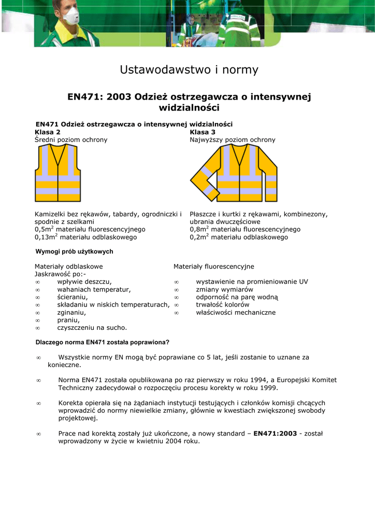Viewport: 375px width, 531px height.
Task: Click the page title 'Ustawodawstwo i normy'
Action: (189, 69)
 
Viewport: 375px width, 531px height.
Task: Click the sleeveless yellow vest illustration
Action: (57, 174)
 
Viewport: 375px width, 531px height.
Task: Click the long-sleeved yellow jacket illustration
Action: (233, 174)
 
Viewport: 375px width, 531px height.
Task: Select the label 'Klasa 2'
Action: (47, 132)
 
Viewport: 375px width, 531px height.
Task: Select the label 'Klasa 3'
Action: (203, 132)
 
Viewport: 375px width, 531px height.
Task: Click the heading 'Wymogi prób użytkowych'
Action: (74, 251)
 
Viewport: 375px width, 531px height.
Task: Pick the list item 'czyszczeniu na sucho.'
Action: (92, 328)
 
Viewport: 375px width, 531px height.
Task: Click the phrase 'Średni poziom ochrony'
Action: (71, 140)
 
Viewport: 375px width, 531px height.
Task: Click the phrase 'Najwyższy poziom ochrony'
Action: (233, 140)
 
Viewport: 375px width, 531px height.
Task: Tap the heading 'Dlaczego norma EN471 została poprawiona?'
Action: (102, 342)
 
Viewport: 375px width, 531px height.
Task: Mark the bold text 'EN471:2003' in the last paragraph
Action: (275, 434)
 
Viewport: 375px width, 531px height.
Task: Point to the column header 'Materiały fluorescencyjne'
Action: (214, 267)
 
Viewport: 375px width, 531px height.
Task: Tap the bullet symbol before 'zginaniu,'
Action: (37, 313)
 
